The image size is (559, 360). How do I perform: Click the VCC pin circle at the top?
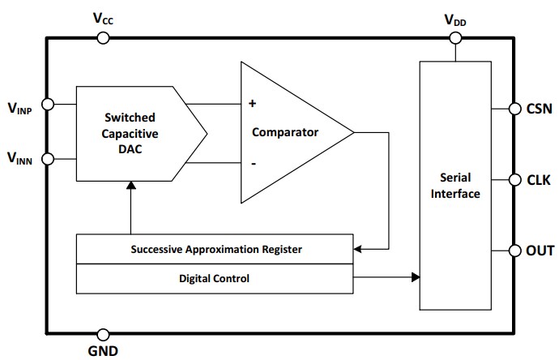103,37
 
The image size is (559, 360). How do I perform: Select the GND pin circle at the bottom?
103,334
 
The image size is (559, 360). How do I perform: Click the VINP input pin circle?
47,104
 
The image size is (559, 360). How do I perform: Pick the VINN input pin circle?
47,158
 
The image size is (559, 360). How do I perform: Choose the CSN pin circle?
514,109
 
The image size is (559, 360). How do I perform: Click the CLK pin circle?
514,179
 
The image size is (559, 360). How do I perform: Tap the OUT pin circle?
514,251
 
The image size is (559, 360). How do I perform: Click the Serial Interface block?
454,185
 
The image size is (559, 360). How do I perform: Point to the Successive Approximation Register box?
215,249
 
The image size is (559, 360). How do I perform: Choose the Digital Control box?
215,278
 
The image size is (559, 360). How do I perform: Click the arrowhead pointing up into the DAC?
130,186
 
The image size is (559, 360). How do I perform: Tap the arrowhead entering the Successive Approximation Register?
359,249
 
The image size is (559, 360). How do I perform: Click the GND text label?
103,351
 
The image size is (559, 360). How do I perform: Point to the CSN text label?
540,109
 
